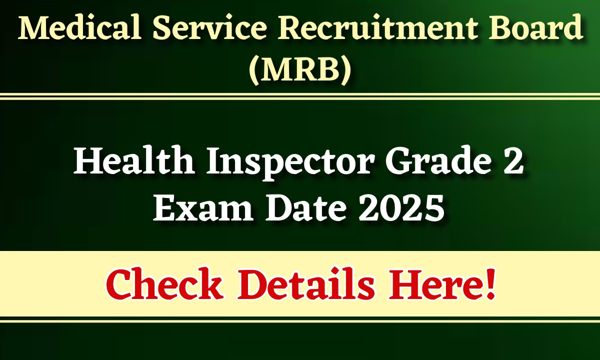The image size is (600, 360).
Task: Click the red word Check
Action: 164,285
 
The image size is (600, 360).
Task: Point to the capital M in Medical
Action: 32,29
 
